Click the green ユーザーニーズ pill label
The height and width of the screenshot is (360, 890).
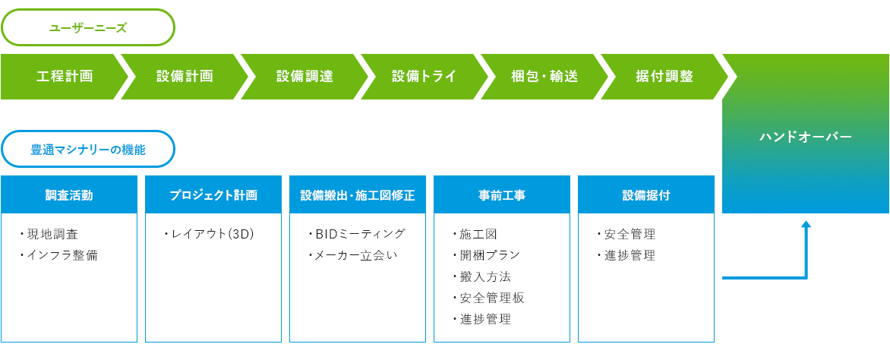pyautogui.click(x=88, y=27)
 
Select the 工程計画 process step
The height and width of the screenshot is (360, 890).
pyautogui.click(x=65, y=77)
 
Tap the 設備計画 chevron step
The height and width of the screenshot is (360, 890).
pyautogui.click(x=185, y=77)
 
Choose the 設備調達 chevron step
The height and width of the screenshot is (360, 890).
pyautogui.click(x=305, y=77)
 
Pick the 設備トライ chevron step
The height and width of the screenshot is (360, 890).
pyautogui.click(x=424, y=77)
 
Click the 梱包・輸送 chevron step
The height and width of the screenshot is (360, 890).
pyautogui.click(x=544, y=77)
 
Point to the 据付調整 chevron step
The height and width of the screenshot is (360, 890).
pyautogui.click(x=664, y=77)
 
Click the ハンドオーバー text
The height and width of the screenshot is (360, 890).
pyautogui.click(x=806, y=137)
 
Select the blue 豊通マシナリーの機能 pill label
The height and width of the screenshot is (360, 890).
pyautogui.click(x=88, y=150)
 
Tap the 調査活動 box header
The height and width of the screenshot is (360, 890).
pyautogui.click(x=69, y=194)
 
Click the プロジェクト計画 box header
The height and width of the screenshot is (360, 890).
pyautogui.click(x=213, y=194)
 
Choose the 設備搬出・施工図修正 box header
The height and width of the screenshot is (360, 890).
pyautogui.click(x=358, y=194)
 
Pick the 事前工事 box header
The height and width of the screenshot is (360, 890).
pyautogui.click(x=502, y=194)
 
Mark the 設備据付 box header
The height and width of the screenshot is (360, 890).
pyautogui.click(x=646, y=194)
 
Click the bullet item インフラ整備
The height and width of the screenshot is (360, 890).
pyautogui.click(x=58, y=255)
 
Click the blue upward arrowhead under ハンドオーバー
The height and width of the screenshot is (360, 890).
pyautogui.click(x=806, y=224)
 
